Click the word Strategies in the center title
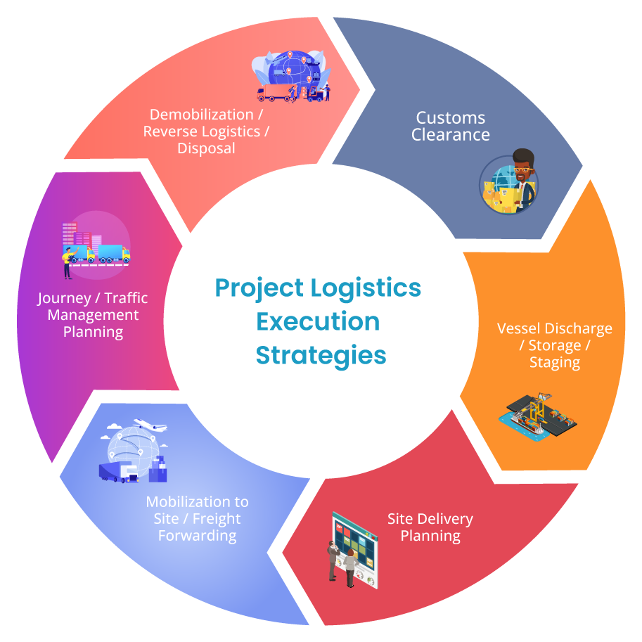click(x=321, y=355)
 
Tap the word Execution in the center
click(x=318, y=321)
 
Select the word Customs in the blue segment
click(x=450, y=118)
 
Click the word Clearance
click(x=450, y=135)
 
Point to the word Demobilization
click(x=201, y=115)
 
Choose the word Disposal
click(x=206, y=148)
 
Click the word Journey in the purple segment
click(x=64, y=298)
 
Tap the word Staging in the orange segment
click(x=555, y=363)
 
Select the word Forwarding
click(x=198, y=536)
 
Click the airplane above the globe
click(x=150, y=425)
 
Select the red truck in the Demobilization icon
click(x=274, y=93)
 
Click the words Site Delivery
click(x=430, y=519)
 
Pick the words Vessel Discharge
click(x=554, y=329)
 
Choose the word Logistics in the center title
click(x=366, y=288)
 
